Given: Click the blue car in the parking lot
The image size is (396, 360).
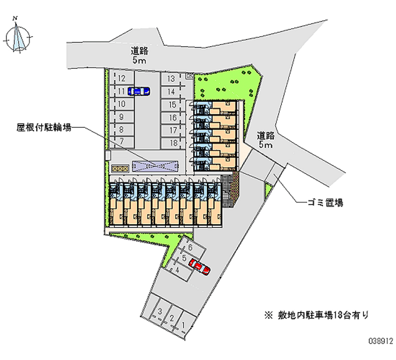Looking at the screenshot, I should pos(139,91).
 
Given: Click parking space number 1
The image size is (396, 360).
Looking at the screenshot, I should pos(184,325).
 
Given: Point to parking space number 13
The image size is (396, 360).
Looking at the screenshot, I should pos(171,79).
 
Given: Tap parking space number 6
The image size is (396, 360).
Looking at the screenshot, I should pos(189,249).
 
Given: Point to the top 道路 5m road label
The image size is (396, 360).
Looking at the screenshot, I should pos(140,55).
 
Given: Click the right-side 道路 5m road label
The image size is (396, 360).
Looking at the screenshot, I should pos(266,140).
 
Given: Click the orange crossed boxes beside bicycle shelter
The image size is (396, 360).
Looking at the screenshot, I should pos(120,168).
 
